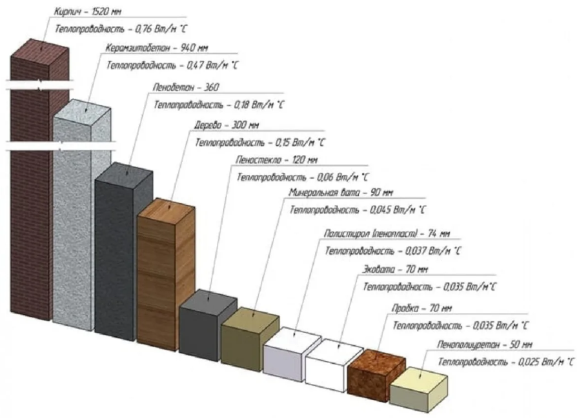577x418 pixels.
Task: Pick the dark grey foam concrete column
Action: pos(123,252)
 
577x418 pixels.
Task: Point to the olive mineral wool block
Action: pos(248,339)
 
